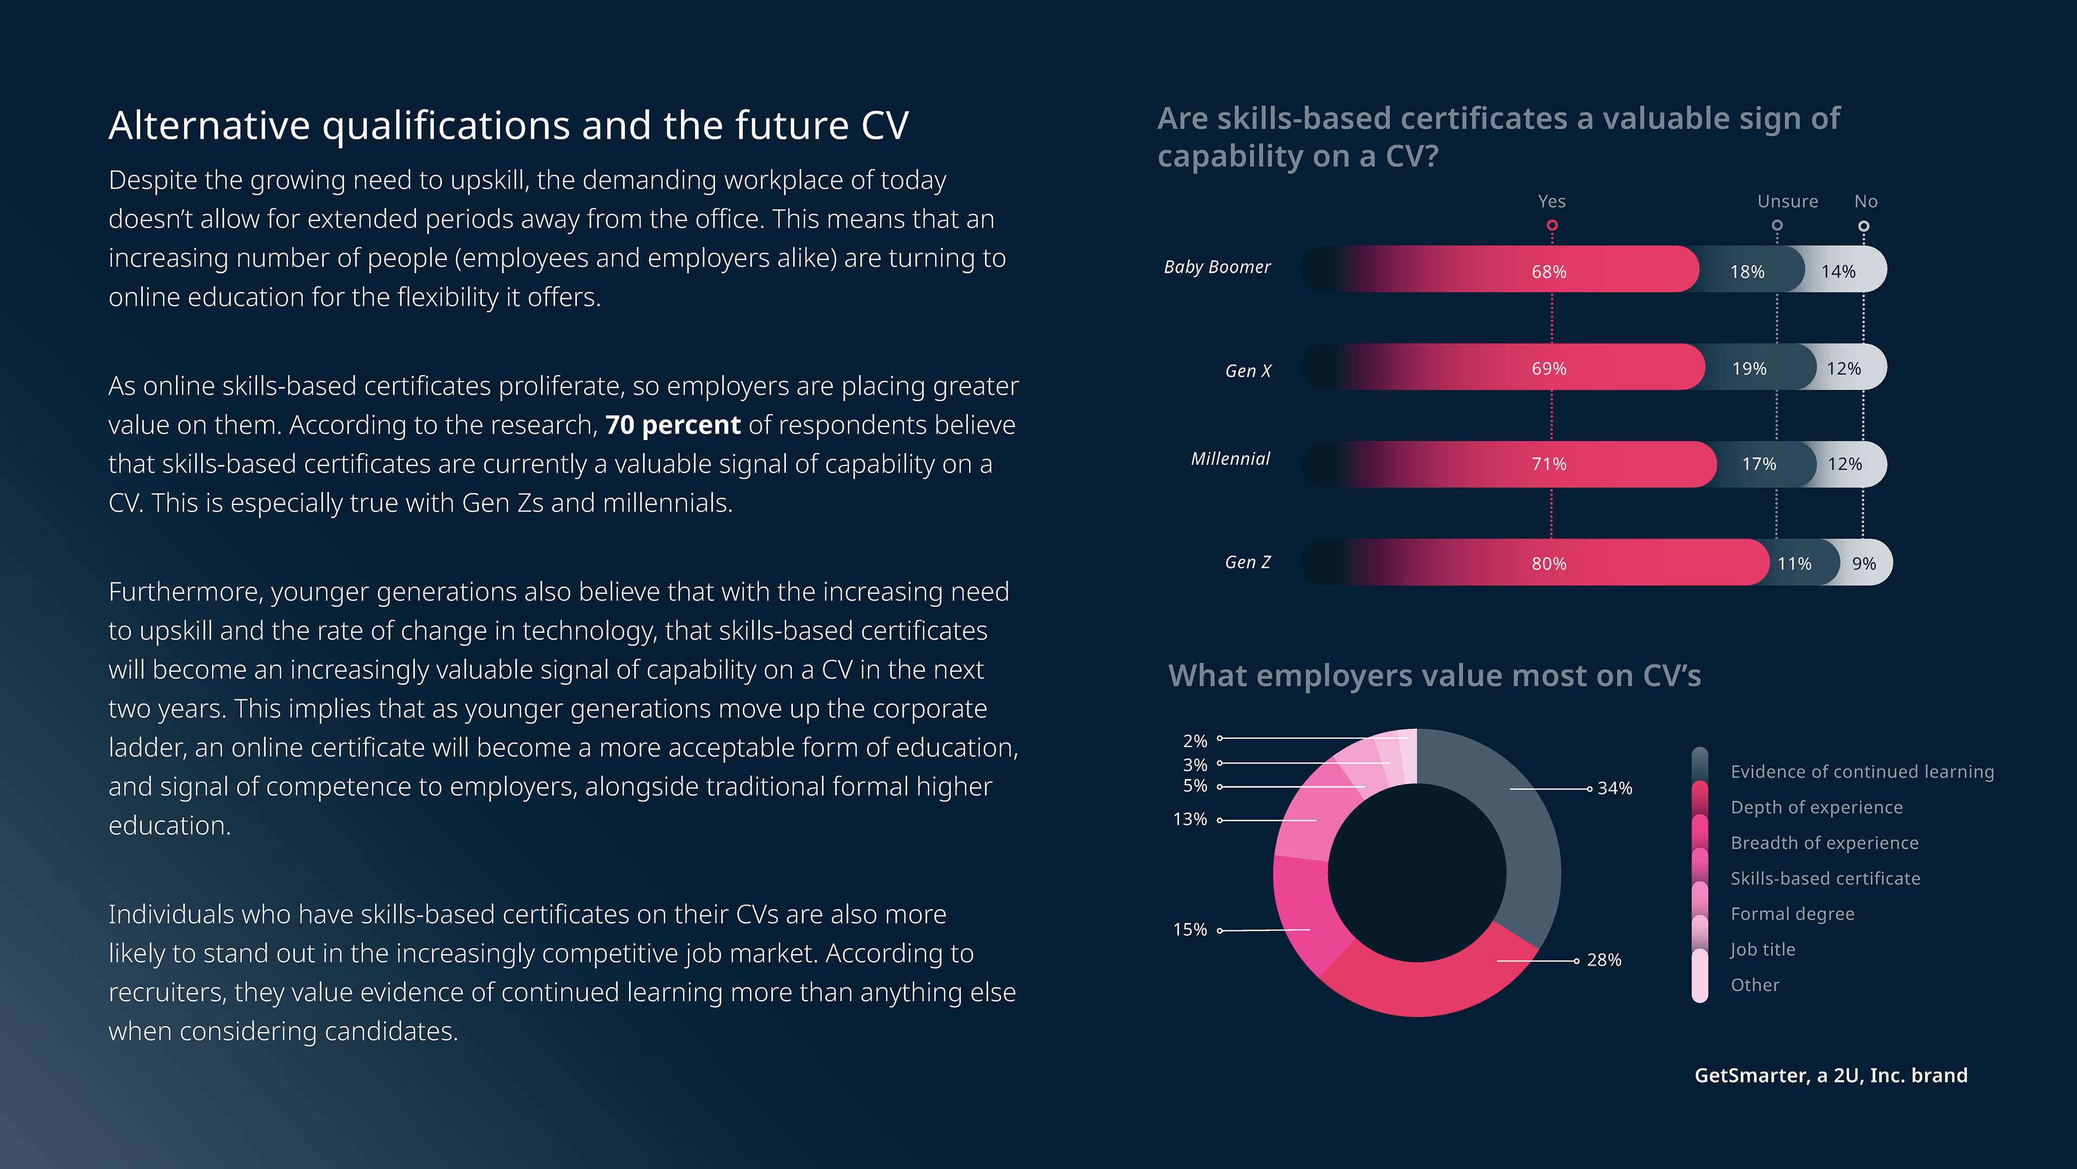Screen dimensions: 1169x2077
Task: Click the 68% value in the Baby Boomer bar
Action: [x=1548, y=272]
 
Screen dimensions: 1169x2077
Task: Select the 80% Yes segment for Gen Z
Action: [x=1548, y=563]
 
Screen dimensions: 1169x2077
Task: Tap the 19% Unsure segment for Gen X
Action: [x=1749, y=369]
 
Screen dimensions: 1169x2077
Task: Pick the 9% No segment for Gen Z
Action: [x=1863, y=563]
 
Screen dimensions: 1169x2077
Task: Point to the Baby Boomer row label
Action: [x=1216, y=267]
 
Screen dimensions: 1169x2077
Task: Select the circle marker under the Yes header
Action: [x=1551, y=226]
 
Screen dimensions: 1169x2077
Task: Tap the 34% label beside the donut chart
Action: [x=1614, y=788]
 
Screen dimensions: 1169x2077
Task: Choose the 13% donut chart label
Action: [x=1189, y=820]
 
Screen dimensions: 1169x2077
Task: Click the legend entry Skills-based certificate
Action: [x=1824, y=878]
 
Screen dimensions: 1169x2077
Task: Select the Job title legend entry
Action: [x=1763, y=950]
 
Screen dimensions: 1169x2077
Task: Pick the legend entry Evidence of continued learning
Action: [x=1862, y=772]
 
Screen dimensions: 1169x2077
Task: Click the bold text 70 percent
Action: [x=672, y=425]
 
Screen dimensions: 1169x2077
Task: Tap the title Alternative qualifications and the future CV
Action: [x=509, y=126]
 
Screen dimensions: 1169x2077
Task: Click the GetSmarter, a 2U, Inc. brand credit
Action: [x=1830, y=1075]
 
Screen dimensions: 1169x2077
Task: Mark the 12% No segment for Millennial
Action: [x=1844, y=464]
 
